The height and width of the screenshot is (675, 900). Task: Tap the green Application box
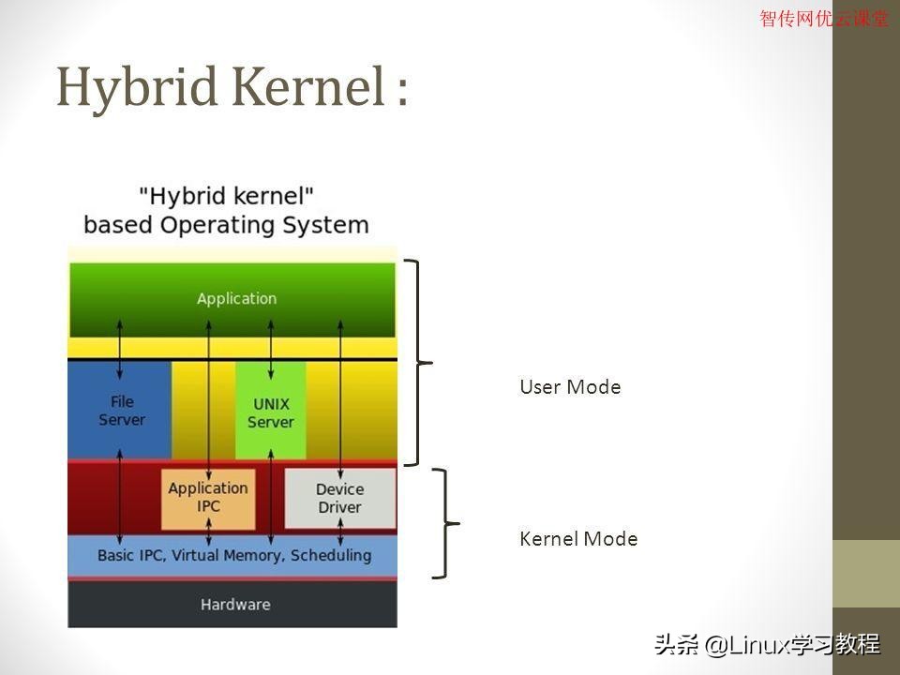click(x=236, y=299)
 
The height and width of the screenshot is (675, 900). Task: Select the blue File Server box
click(x=122, y=411)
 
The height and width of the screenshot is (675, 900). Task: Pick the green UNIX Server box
click(x=270, y=412)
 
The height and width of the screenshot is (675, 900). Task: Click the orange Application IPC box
click(x=208, y=498)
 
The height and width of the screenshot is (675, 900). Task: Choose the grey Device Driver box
click(x=339, y=498)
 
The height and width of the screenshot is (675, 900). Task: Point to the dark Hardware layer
click(x=234, y=605)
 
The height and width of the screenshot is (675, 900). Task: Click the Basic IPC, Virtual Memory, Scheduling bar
click(x=234, y=555)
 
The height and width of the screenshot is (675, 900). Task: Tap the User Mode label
click(x=570, y=387)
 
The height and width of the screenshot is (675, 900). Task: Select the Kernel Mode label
click(x=578, y=539)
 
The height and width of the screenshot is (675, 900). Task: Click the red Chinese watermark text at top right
click(x=823, y=18)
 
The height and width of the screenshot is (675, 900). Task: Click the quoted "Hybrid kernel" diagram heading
click(x=226, y=196)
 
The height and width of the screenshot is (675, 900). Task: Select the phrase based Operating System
click(x=226, y=225)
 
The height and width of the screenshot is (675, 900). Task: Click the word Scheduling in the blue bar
click(x=331, y=555)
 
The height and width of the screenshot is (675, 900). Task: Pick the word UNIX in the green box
click(x=271, y=404)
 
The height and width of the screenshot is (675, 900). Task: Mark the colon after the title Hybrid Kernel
click(x=400, y=91)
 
